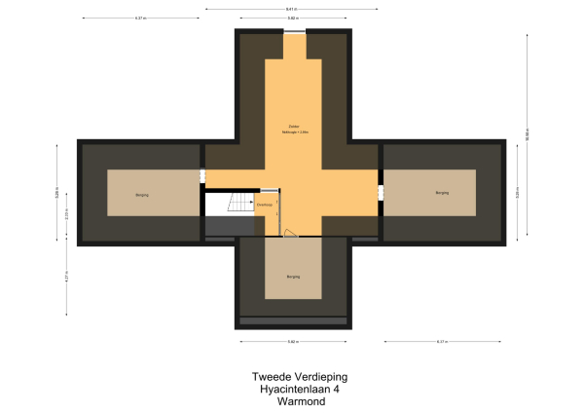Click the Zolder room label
(292, 126)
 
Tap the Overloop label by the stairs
(264, 206)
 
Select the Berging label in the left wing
(142, 195)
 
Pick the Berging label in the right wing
(442, 193)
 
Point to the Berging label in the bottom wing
(292, 277)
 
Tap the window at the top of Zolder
(292, 32)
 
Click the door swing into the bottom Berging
(289, 234)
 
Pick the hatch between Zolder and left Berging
(203, 176)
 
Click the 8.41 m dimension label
(292, 9)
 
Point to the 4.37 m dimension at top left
(141, 19)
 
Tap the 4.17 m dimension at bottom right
(442, 342)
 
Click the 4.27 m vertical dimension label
(67, 276)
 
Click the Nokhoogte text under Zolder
(292, 132)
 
